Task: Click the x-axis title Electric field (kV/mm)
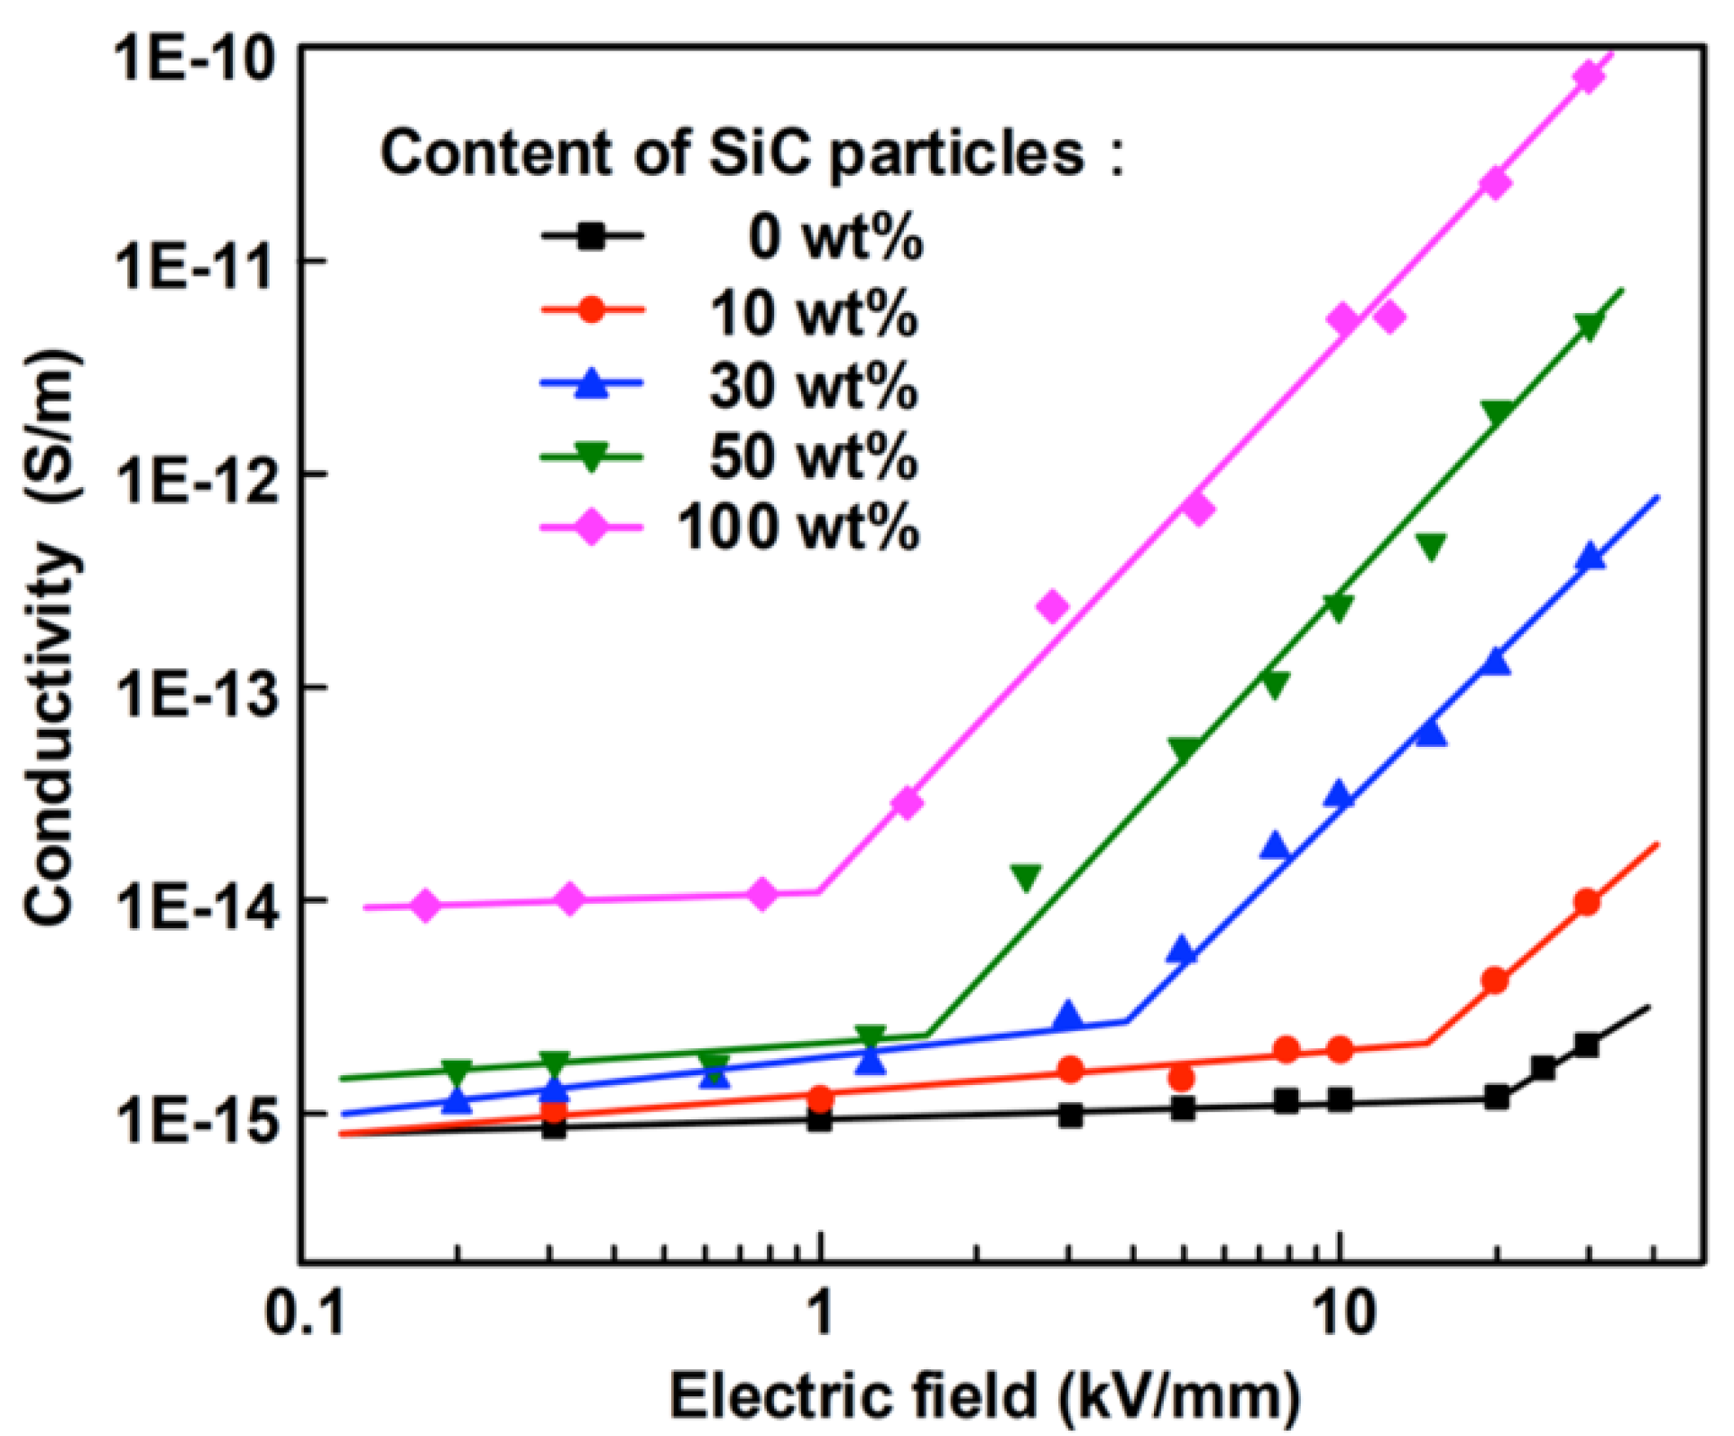[984, 1396]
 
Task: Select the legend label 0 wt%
[835, 238]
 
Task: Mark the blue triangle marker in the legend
[591, 382]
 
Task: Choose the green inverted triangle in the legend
[591, 456]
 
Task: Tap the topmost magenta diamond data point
[1589, 78]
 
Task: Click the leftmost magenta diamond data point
[427, 905]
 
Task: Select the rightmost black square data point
[1587, 1045]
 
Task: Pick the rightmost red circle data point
[1588, 902]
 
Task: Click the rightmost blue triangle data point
[1591, 557]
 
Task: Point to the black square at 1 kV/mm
[819, 1120]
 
